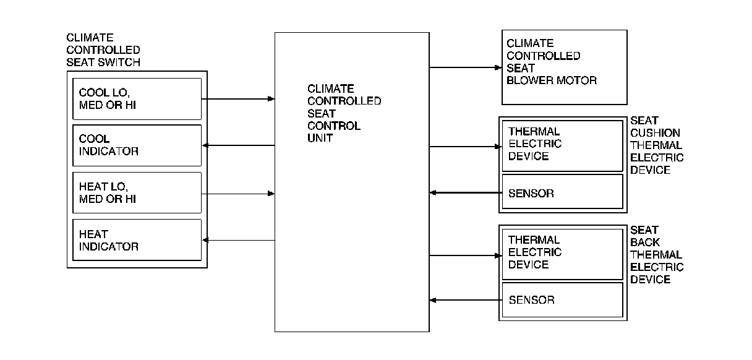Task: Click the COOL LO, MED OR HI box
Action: [x=137, y=98]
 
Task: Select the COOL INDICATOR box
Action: [x=137, y=145]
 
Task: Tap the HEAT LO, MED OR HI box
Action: [x=137, y=193]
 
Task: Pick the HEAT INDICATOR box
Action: [x=137, y=240]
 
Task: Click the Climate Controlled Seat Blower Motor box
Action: [x=564, y=67]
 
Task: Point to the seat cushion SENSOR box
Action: [x=562, y=192]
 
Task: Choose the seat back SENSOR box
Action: [x=562, y=300]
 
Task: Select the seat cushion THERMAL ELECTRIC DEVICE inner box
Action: [x=562, y=145]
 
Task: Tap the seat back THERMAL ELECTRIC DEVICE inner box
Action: [x=562, y=254]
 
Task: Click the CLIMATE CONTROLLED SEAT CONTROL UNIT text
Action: [x=344, y=113]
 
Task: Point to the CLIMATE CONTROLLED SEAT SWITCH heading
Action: [x=103, y=50]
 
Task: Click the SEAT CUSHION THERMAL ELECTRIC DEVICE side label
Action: [x=657, y=145]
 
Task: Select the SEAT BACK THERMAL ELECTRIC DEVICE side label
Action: [x=657, y=254]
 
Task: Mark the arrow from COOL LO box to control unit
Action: [x=238, y=98]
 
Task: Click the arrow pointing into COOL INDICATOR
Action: [x=238, y=145]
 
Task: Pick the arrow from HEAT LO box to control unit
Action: [x=238, y=193]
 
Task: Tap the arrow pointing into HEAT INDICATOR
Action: [x=238, y=240]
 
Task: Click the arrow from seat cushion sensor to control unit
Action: [x=464, y=192]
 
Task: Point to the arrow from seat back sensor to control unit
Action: [x=464, y=300]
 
